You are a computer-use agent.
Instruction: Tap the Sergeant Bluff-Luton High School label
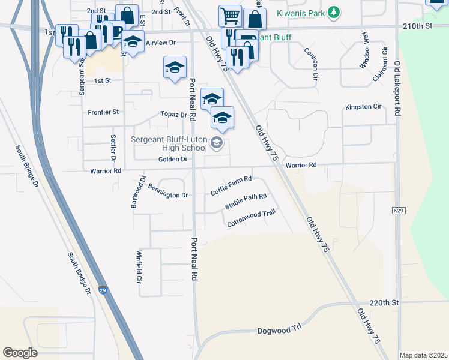click(169, 143)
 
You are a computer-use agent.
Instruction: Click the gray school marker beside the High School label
click(216, 143)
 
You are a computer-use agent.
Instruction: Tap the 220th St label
click(384, 303)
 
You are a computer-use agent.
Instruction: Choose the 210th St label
click(419, 26)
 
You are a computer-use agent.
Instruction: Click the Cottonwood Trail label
click(251, 223)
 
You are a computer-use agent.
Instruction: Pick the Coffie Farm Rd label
click(231, 186)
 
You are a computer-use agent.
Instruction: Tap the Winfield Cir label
click(139, 267)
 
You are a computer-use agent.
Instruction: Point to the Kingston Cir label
click(363, 107)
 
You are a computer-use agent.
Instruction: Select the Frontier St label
click(103, 112)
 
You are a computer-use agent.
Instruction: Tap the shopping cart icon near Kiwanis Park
click(230, 16)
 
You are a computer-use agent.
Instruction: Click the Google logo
click(20, 353)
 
